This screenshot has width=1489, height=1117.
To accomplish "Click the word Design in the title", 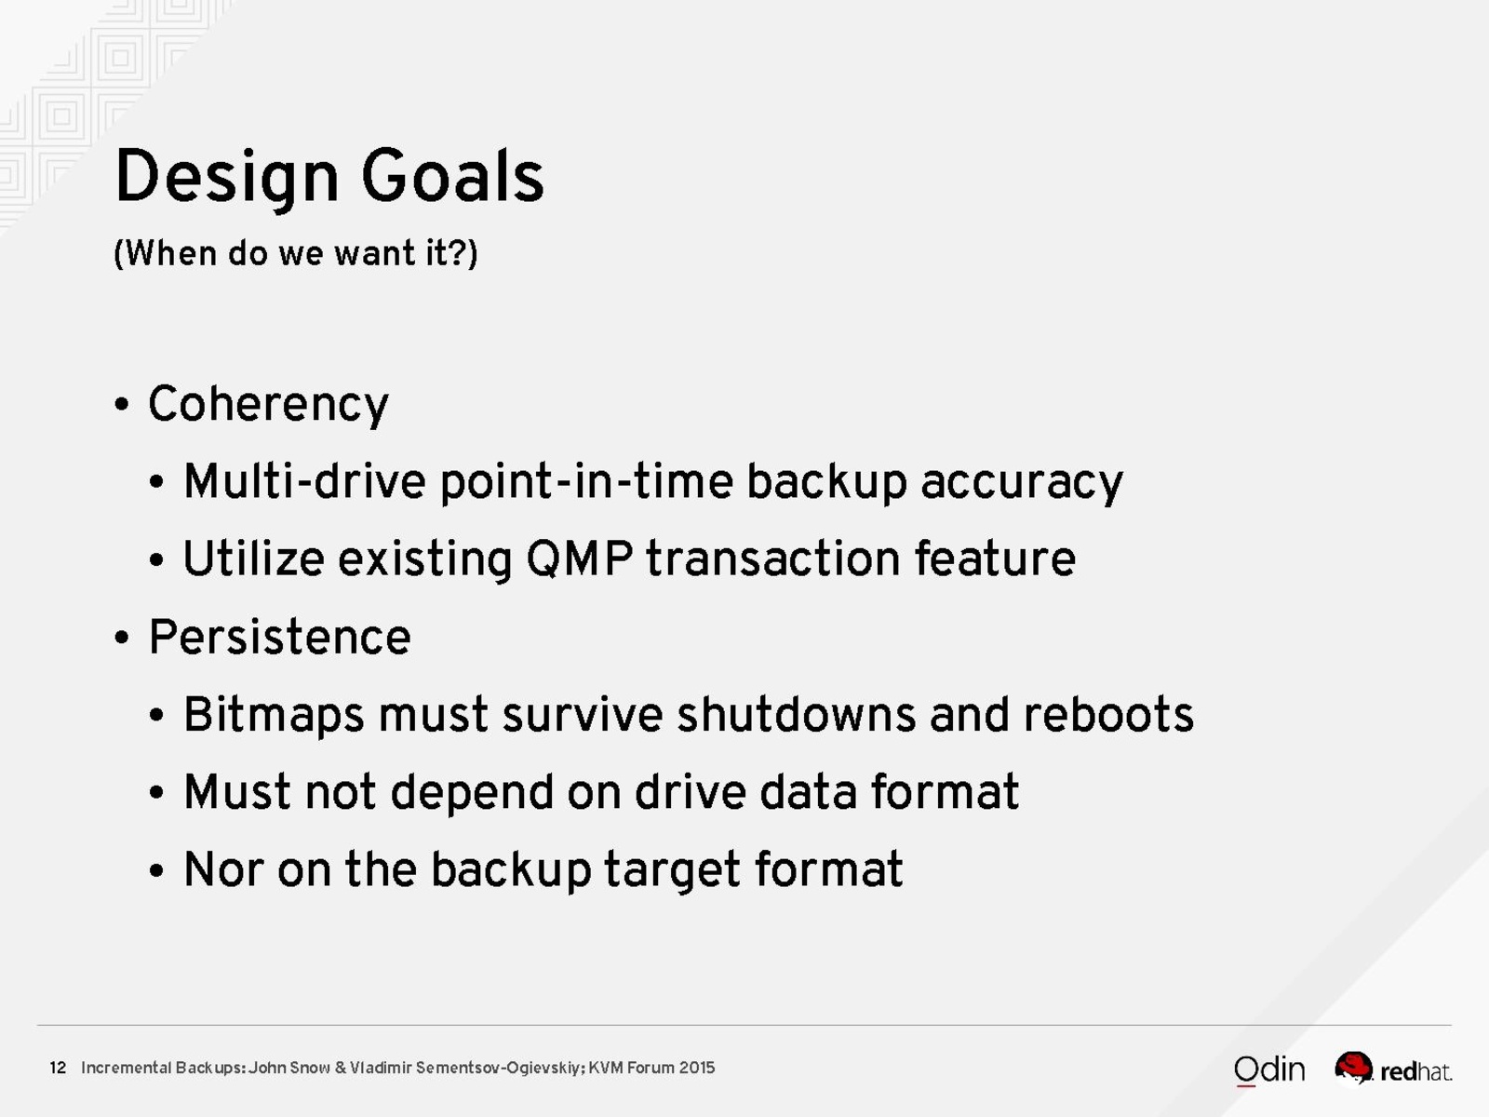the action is click(x=226, y=176).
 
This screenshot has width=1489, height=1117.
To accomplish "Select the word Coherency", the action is click(x=269, y=405).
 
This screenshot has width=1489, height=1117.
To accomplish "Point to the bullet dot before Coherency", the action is click(x=122, y=405).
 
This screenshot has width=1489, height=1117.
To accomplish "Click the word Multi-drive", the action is click(x=304, y=481).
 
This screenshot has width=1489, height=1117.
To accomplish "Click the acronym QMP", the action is click(x=580, y=558).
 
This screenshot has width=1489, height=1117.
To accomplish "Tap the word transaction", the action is click(x=773, y=558).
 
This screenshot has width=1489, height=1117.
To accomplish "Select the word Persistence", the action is click(x=279, y=637).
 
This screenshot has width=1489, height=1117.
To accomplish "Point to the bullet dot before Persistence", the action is click(x=122, y=638).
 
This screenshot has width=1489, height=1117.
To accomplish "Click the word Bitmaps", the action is click(x=274, y=716).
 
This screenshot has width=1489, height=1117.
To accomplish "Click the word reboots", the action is click(x=1108, y=715).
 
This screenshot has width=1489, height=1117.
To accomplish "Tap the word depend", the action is click(x=472, y=793).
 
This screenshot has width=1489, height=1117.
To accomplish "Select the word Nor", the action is click(x=224, y=869).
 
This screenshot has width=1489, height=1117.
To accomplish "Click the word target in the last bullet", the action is click(x=672, y=871).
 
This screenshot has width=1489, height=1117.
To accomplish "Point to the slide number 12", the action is click(x=58, y=1068).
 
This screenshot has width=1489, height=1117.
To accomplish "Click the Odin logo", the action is click(x=1269, y=1070).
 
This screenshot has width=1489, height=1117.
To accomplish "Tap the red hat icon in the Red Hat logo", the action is click(x=1353, y=1068).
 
